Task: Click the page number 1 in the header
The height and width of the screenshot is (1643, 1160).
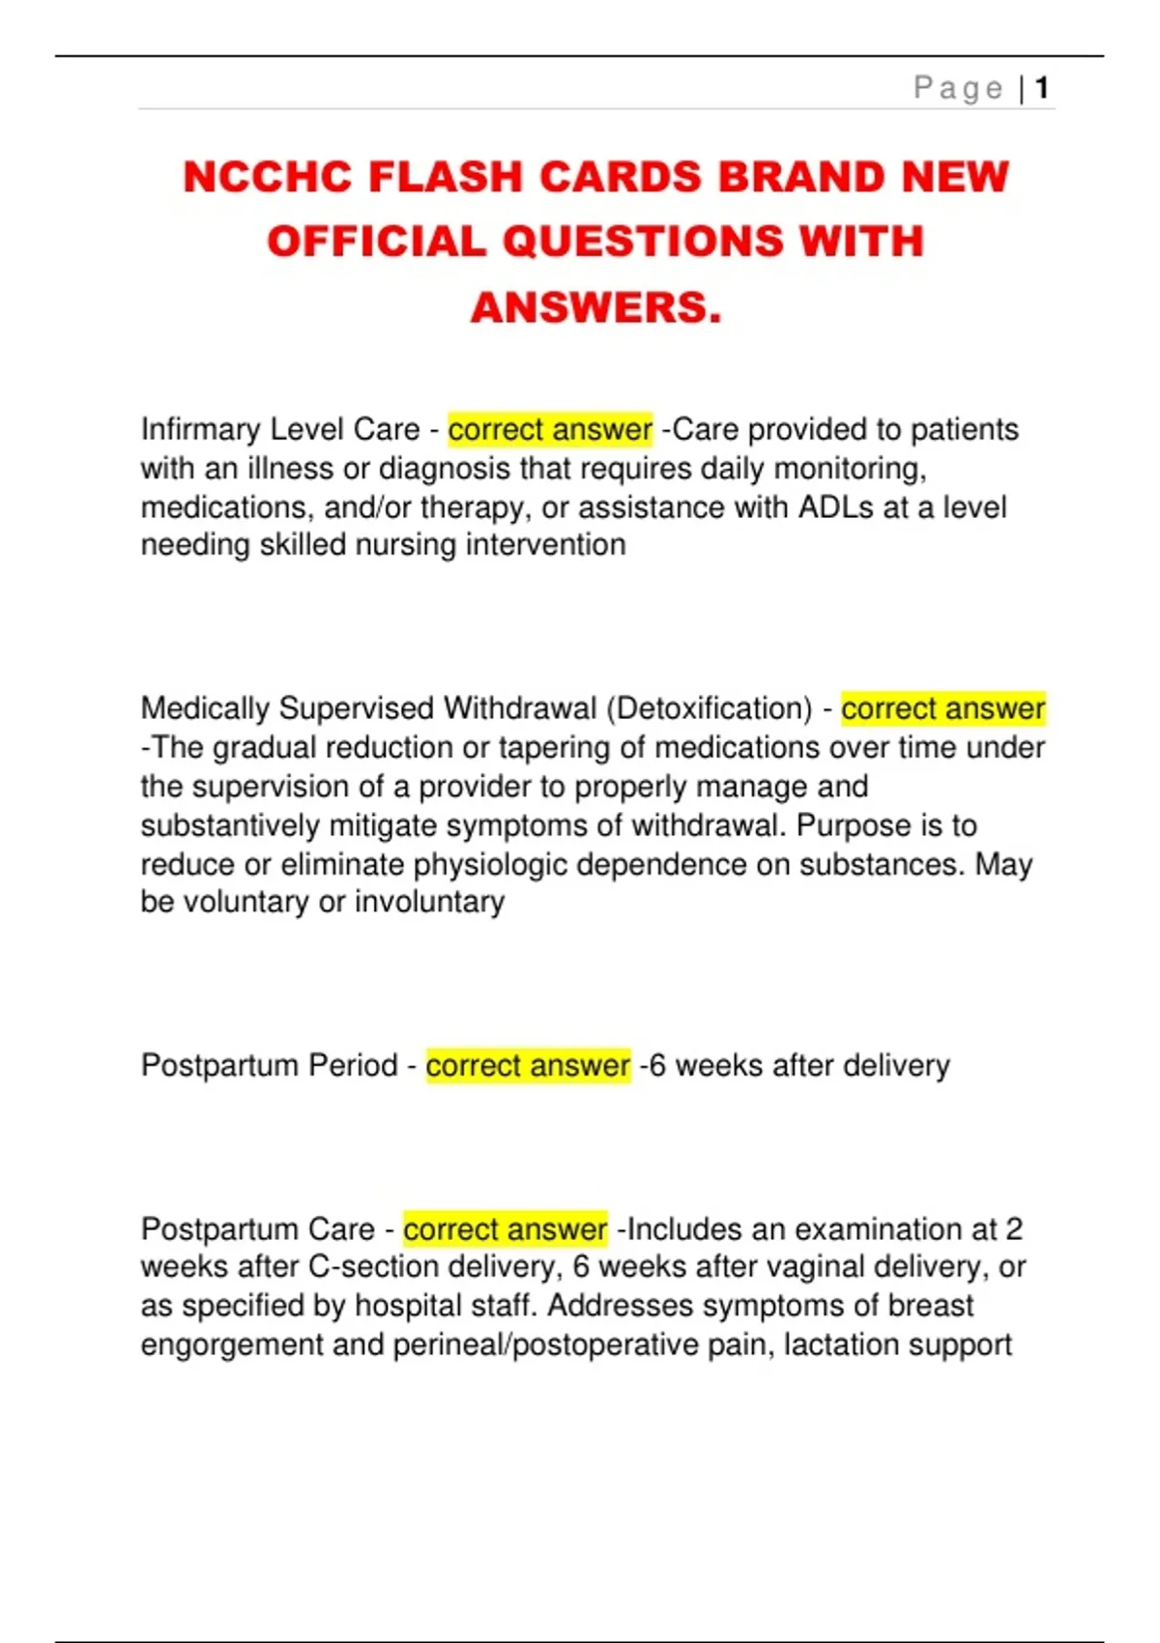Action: [1042, 89]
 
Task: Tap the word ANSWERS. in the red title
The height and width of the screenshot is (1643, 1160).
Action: [596, 308]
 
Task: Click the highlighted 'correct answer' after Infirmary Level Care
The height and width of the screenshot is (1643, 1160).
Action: [550, 429]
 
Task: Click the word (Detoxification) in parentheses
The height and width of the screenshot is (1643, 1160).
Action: [710, 708]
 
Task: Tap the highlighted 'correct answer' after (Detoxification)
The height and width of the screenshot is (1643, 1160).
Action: [942, 708]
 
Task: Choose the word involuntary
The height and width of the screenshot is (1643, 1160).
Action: [429, 902]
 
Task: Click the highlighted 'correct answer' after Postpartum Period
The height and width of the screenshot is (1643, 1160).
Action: [528, 1065]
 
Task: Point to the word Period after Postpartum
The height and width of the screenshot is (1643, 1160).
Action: [353, 1065]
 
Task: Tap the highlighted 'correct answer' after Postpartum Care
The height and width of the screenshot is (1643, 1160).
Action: [505, 1228]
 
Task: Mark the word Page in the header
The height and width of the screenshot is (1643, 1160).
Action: [958, 89]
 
